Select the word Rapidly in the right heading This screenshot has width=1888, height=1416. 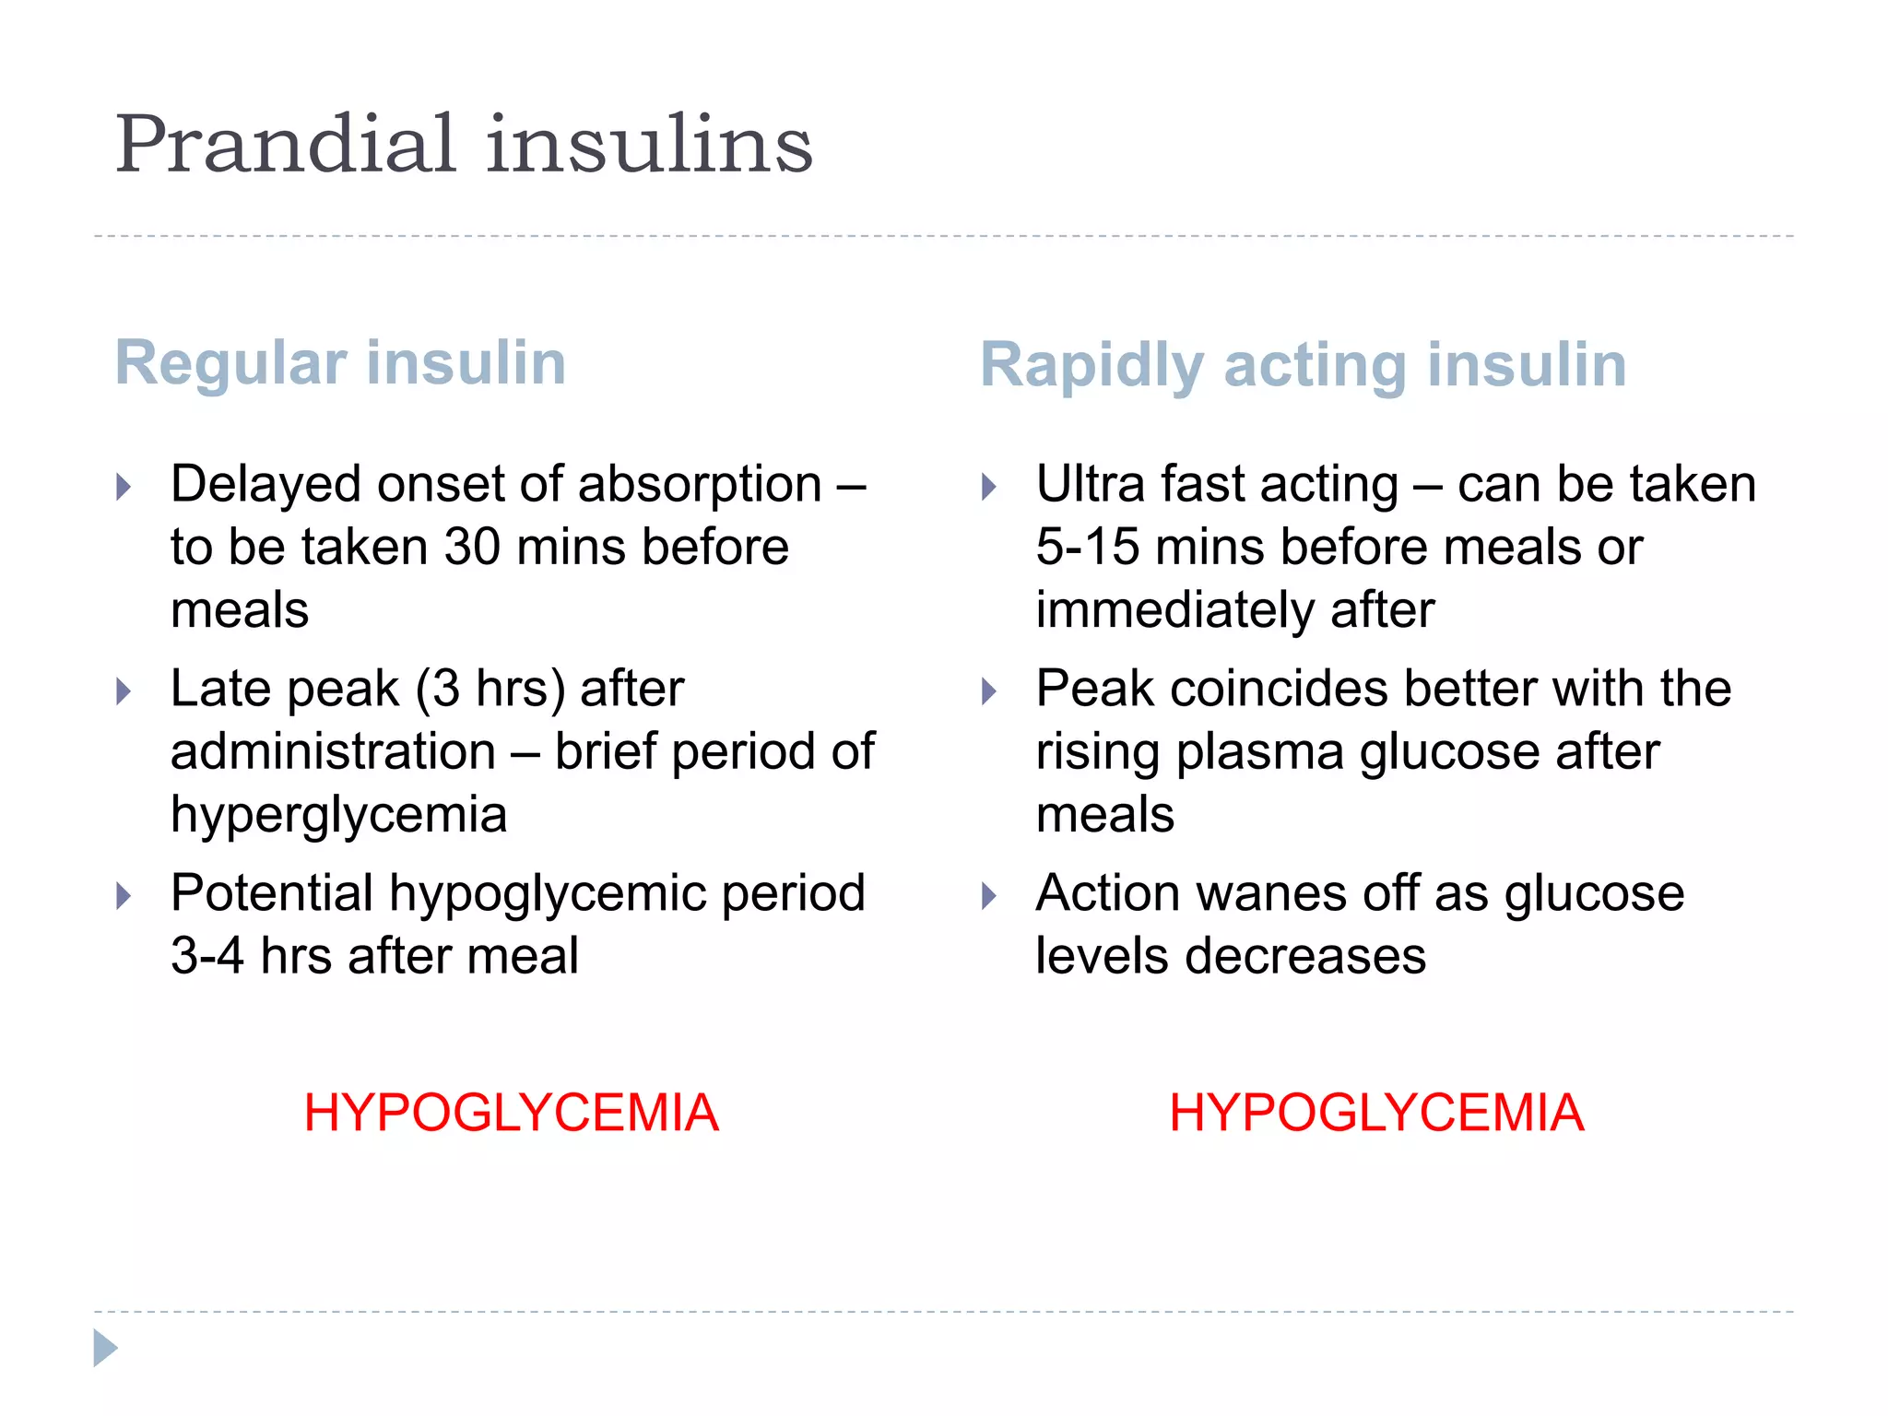point(1091,365)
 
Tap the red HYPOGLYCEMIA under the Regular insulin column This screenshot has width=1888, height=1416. point(511,1113)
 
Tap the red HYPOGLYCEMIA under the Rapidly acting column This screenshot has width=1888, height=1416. point(1376,1113)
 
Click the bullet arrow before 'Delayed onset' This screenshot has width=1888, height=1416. point(124,487)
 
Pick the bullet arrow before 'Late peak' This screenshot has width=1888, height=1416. point(124,691)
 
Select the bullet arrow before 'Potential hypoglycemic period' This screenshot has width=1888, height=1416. point(124,896)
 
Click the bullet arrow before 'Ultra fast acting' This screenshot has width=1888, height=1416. point(989,487)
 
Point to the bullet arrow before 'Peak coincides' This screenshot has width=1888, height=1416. point(989,691)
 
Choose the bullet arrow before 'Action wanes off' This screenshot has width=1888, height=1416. point(989,896)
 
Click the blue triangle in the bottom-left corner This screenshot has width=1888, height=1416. point(105,1349)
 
